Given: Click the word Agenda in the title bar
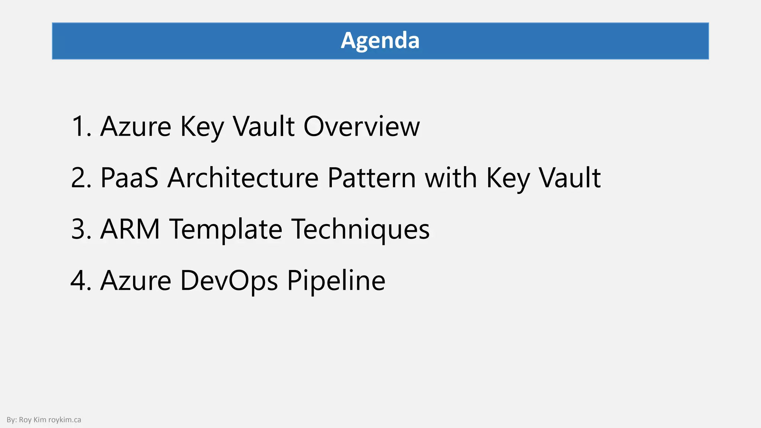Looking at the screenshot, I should (380, 40).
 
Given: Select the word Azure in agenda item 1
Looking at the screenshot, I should (136, 127).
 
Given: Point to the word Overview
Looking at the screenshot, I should (362, 127).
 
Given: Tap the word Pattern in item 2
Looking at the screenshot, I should (372, 178).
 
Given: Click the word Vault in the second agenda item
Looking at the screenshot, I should (570, 178).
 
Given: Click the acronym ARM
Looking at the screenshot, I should (130, 229).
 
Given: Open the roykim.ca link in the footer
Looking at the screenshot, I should (65, 420).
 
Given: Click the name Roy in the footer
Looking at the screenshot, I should (25, 420).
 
